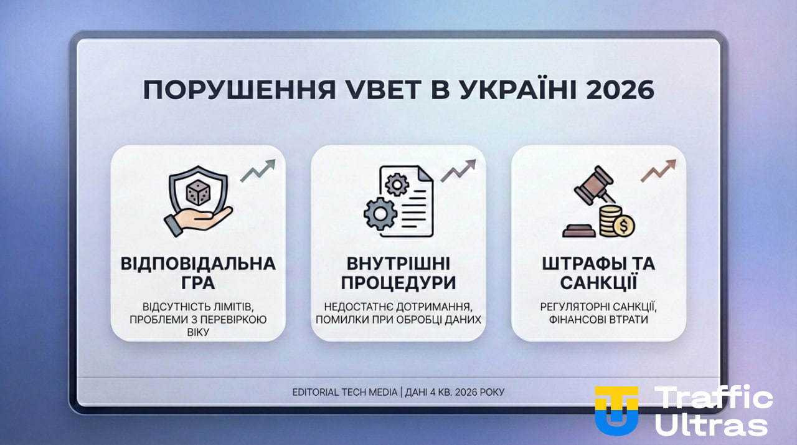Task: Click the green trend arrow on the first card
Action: pos(258,170)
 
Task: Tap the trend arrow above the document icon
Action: pos(458,170)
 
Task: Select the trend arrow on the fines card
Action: pos(658,170)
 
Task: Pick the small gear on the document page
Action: pos(397,184)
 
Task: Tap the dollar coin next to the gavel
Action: pos(622,225)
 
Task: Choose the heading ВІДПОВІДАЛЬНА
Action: pos(198,263)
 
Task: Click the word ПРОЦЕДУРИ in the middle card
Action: pos(398,283)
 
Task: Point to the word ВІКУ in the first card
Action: pos(198,333)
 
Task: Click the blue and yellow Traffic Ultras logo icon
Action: pos(616,409)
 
